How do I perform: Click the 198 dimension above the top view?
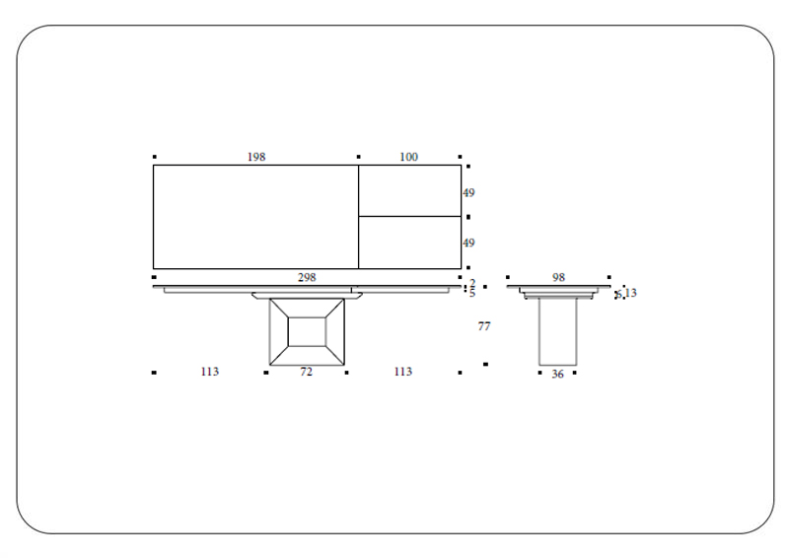pos(256,157)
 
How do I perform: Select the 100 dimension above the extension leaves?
pos(408,157)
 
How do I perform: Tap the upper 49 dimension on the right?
pos(468,193)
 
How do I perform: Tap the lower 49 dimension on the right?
pos(468,243)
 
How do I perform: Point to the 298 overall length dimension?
pos(307,278)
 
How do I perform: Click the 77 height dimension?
pos(484,326)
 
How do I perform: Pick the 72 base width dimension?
pos(306,372)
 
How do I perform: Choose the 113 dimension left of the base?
pos(209,372)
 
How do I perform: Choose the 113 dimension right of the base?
pos(402,372)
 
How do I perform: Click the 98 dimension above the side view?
pos(558,278)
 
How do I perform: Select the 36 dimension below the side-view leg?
pos(557,374)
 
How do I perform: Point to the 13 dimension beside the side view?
pos(630,293)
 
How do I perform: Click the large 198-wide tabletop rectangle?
pos(255,217)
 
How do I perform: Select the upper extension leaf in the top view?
pos(409,190)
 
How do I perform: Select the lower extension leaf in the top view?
pos(409,243)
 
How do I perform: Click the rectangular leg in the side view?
pos(557,331)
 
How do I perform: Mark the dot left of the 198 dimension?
pos(155,157)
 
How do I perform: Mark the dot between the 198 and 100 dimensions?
pos(358,157)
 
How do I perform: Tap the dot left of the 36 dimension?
pos(540,373)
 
